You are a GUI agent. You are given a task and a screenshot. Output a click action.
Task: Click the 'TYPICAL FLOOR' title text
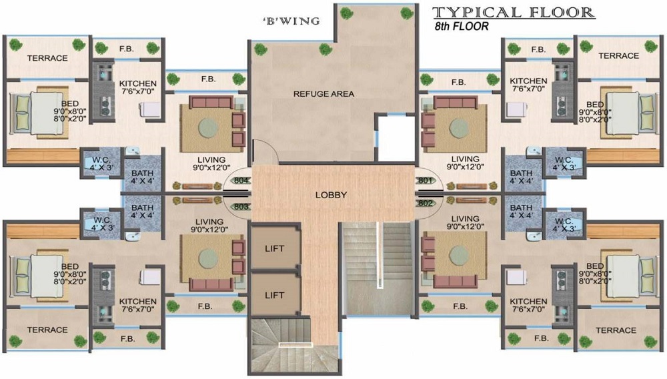tap(514, 12)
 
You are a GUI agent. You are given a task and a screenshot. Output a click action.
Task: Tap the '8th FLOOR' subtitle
tap(461, 27)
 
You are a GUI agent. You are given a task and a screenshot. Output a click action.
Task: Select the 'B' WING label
tap(292, 21)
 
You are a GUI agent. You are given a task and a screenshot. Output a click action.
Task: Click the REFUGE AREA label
tap(323, 93)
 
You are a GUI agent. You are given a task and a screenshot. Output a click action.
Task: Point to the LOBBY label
tap(331, 195)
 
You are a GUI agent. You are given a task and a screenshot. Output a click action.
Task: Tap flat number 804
tap(241, 180)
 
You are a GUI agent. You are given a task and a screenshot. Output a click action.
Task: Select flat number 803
tap(241, 207)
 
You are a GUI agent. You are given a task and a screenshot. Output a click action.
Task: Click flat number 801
tap(426, 180)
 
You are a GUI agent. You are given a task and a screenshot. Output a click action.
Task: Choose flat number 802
tap(426, 204)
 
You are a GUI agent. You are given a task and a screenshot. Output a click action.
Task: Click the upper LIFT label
tap(274, 248)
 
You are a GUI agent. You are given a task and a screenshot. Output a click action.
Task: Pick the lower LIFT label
tap(274, 295)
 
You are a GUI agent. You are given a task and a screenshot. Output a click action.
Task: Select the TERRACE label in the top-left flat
tap(47, 58)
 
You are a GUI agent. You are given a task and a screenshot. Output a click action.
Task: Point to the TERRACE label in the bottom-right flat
tap(616, 330)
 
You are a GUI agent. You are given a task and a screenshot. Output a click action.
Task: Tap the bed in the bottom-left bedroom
tap(38, 273)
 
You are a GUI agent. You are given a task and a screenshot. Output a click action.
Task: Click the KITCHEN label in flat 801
tap(528, 81)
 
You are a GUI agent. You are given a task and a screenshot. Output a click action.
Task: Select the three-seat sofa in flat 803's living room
tap(211, 284)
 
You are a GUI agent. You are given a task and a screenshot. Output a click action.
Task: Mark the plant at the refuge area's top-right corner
tap(407, 13)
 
